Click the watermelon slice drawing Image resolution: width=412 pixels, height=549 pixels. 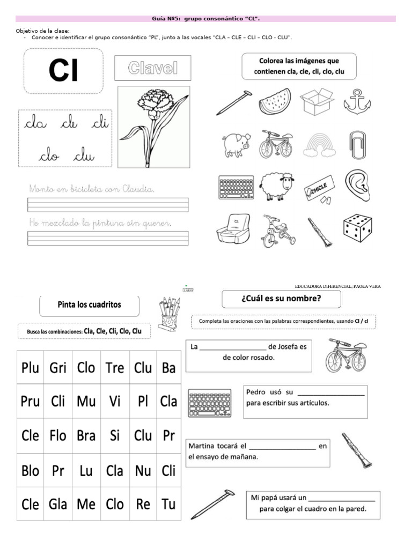click(x=275, y=101)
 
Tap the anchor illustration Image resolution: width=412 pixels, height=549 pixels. click(x=357, y=101)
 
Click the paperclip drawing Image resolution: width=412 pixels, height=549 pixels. click(x=357, y=144)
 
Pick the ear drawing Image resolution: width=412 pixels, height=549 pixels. click(x=357, y=185)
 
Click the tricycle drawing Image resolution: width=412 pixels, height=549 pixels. click(x=277, y=231)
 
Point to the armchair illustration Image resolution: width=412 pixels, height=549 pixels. click(x=232, y=229)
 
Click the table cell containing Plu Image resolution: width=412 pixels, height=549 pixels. click(x=31, y=368)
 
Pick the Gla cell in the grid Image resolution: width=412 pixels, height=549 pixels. click(x=58, y=504)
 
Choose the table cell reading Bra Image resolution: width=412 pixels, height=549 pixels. click(x=86, y=436)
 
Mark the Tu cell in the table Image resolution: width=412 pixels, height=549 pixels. click(x=168, y=504)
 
